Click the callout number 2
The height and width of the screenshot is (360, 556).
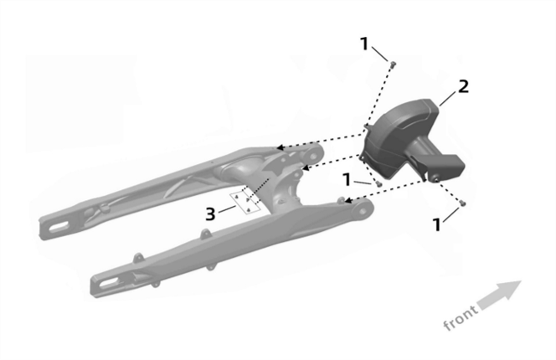(x=463, y=86)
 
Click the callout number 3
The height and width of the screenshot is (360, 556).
(x=213, y=213)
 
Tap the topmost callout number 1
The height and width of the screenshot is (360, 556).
(x=364, y=44)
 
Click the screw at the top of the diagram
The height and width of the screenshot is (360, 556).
(x=392, y=63)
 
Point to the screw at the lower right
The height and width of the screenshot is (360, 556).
(x=462, y=203)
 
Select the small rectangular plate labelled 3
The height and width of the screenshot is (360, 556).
(x=245, y=202)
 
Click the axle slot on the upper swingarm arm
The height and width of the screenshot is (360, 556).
(x=57, y=224)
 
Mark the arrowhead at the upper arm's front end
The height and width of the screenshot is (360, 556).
(x=280, y=148)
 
